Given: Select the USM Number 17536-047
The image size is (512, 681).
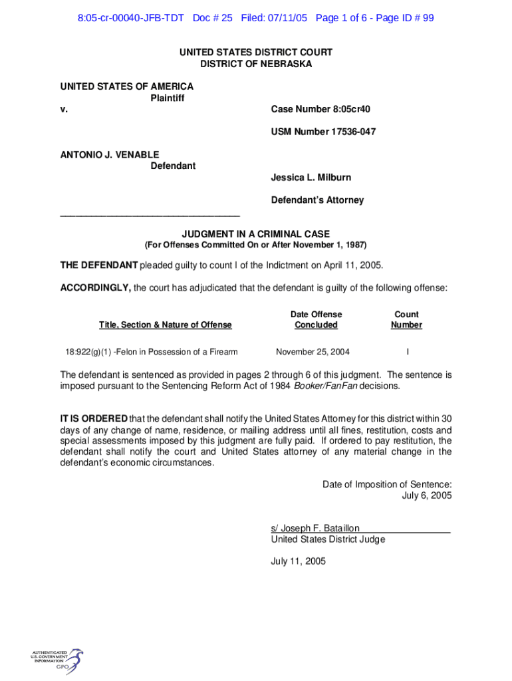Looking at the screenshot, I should tap(323, 132).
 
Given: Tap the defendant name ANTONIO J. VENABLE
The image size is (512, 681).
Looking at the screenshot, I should tap(110, 154).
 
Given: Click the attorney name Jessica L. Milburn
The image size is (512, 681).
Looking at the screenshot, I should tap(311, 178).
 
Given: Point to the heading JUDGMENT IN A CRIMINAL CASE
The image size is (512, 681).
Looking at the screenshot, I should tap(256, 233).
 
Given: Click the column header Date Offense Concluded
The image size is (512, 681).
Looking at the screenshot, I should tap(316, 319).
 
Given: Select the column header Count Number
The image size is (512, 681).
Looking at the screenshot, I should tap(406, 319).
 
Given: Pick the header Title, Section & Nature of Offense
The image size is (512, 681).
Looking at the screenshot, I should tap(166, 325).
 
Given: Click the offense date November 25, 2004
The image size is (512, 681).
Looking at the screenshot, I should tap(313, 352).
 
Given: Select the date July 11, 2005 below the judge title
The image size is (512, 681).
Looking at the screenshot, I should tap(298, 561).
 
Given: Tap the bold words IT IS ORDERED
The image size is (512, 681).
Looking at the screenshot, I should tap(94, 418).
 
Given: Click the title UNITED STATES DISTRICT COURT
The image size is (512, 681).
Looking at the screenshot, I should tap(256, 52).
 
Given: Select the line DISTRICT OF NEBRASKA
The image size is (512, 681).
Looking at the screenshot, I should tap(256, 64).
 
